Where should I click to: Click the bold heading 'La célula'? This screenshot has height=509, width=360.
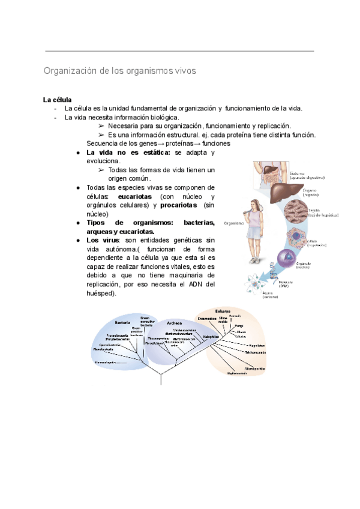(x=58, y=100)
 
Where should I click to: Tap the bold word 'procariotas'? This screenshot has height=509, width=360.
(x=179, y=205)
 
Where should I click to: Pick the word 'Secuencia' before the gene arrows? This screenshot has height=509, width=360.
(x=104, y=143)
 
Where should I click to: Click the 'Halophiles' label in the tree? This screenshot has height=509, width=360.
(x=211, y=337)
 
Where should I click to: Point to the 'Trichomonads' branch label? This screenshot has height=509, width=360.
(x=255, y=352)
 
